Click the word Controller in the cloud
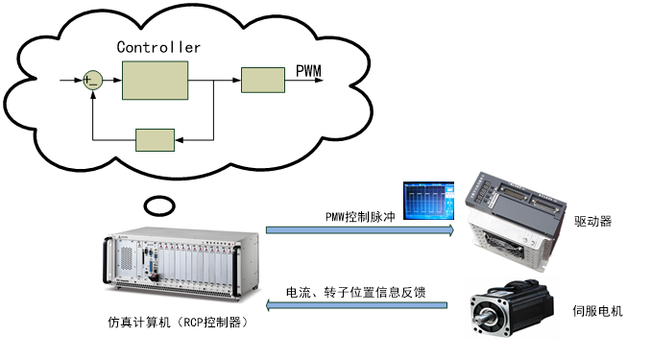158,46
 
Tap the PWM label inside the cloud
309,71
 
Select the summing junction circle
92,81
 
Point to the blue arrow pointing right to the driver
360,230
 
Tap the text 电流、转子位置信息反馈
356,291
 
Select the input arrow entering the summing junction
69,81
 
